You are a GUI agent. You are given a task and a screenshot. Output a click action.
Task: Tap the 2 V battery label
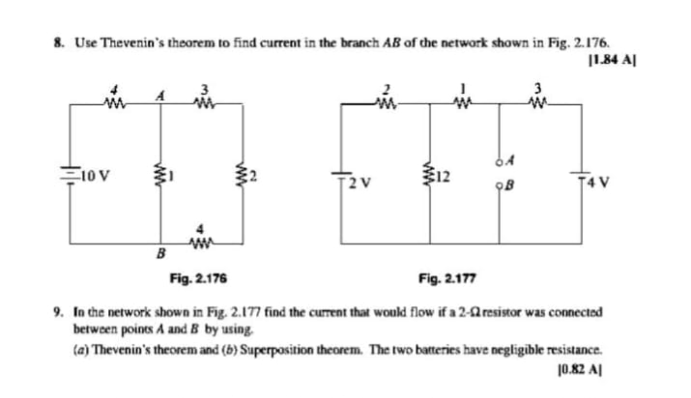point(359,186)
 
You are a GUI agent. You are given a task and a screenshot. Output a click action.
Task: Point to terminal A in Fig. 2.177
point(498,162)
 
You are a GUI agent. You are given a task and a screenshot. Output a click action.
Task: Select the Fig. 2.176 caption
point(200,278)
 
